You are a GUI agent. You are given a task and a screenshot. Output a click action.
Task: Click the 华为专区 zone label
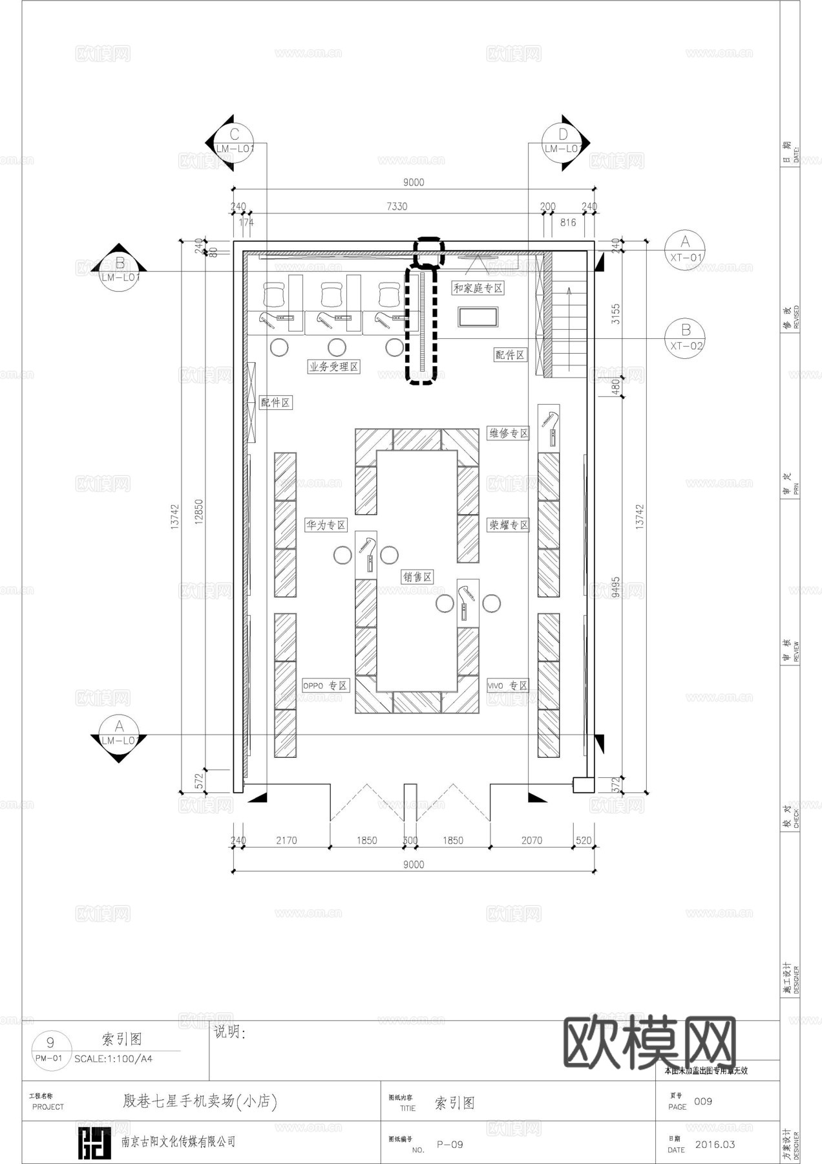coord(326,525)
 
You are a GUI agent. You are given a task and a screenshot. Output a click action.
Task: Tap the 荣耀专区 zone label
coord(509,525)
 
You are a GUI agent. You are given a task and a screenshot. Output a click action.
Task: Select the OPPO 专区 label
coord(326,685)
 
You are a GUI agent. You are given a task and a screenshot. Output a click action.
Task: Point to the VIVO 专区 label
coord(508,685)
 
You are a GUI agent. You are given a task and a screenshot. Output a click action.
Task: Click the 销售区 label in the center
coord(417,577)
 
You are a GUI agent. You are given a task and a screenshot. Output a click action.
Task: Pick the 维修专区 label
coord(509,433)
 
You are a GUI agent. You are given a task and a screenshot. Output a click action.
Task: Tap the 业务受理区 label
coord(333,367)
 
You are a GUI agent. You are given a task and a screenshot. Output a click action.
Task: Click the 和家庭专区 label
coord(478,288)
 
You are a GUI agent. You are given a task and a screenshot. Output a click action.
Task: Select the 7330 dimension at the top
coord(397,206)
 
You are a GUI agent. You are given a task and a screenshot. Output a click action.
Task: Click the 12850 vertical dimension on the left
coord(198,512)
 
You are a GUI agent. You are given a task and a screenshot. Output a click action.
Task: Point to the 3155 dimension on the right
coord(616,314)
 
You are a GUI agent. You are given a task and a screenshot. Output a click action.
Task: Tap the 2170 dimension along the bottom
coord(286,841)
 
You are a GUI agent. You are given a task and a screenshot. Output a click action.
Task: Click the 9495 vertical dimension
coord(616,587)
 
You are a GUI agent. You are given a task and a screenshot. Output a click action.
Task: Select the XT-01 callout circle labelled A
coord(685,249)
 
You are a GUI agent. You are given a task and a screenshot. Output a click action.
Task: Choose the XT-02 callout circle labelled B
coord(685,338)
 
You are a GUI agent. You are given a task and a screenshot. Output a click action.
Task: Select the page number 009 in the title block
coord(703,1101)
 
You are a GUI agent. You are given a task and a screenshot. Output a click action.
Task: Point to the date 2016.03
coord(715,1144)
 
